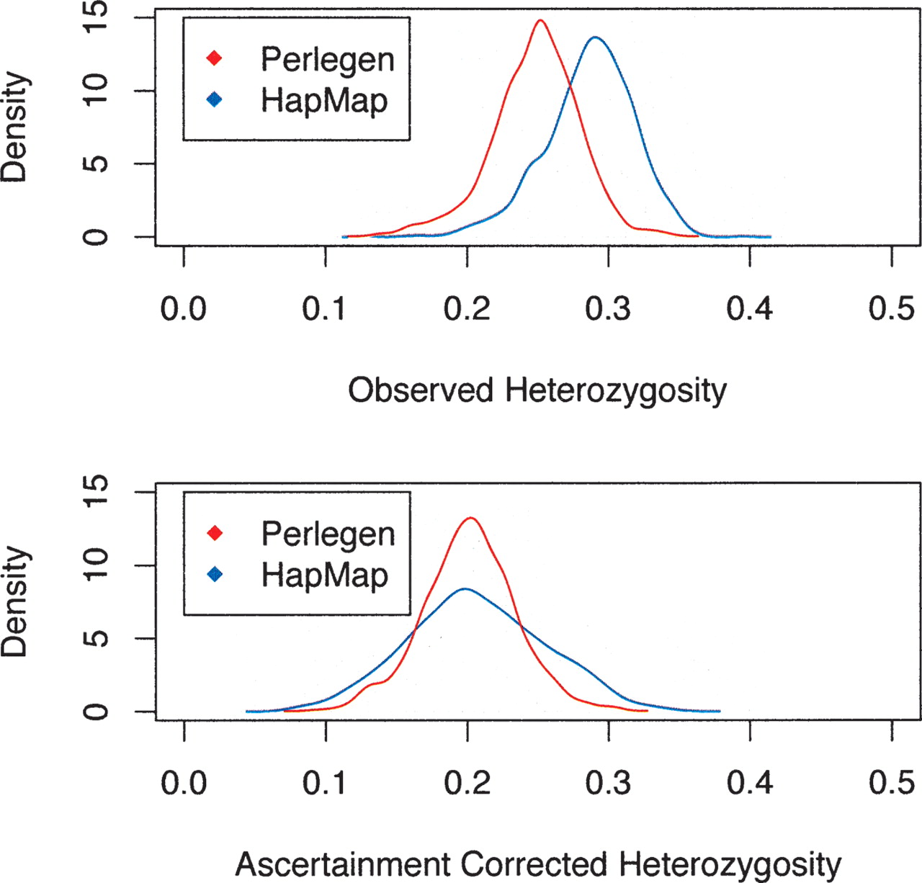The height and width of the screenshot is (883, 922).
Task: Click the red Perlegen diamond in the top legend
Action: pyautogui.click(x=214, y=58)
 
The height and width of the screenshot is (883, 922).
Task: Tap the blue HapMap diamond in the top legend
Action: pyautogui.click(x=214, y=99)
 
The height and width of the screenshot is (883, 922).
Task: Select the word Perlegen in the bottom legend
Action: pyautogui.click(x=328, y=534)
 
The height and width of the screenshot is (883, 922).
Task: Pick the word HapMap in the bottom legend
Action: pyautogui.click(x=324, y=575)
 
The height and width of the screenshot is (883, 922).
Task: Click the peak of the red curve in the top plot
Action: pyautogui.click(x=540, y=20)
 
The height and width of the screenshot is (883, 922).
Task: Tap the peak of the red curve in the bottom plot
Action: pyautogui.click(x=470, y=518)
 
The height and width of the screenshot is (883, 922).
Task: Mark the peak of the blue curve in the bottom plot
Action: pyautogui.click(x=465, y=589)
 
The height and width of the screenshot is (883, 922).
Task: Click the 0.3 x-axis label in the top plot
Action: pyautogui.click(x=608, y=309)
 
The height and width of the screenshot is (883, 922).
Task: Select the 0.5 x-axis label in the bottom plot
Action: pyautogui.click(x=891, y=783)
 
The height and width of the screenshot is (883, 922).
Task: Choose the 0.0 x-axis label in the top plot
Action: pyautogui.click(x=184, y=309)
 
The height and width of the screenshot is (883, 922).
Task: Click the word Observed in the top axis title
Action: pyautogui.click(x=421, y=390)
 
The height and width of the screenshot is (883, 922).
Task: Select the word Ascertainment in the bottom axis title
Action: pyautogui.click(x=342, y=864)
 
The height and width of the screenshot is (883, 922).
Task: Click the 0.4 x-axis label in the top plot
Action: pyautogui.click(x=749, y=309)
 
